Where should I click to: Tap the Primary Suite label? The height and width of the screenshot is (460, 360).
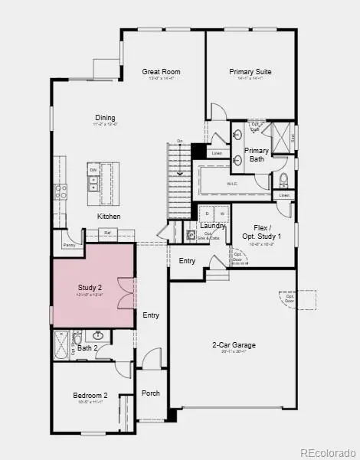click(250, 72)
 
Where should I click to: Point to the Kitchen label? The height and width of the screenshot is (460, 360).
click(108, 217)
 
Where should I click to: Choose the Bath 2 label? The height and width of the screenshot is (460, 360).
click(87, 348)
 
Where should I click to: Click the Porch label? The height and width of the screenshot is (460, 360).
click(150, 393)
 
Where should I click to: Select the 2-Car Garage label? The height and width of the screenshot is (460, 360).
click(234, 345)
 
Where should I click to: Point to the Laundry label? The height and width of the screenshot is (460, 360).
click(212, 226)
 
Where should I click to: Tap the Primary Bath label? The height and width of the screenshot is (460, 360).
click(257, 155)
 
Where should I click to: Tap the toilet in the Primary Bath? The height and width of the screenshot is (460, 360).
click(283, 181)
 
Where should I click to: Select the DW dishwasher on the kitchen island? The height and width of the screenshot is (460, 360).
click(93, 169)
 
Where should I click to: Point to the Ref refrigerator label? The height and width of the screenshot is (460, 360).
click(108, 232)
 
